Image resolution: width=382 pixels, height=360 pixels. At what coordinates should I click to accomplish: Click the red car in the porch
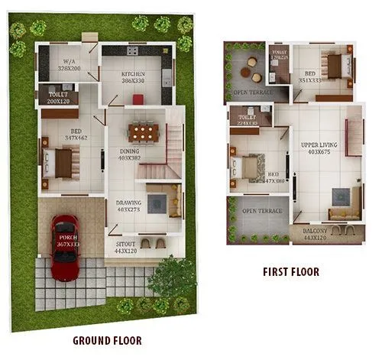pos(63,245)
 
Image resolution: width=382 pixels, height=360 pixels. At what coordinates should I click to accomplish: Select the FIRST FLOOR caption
pos(290,271)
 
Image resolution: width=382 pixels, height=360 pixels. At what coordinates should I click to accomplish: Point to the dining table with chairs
pos(144,132)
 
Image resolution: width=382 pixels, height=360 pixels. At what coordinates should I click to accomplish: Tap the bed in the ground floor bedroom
pos(62,162)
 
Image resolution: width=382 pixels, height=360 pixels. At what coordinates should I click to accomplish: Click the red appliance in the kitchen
pos(138,99)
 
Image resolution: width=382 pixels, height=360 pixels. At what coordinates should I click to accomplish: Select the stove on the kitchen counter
pos(132,52)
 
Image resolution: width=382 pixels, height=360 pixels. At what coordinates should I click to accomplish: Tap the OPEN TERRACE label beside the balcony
pos(261,211)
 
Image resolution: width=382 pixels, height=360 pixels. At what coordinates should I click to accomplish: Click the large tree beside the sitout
pos(172,279)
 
